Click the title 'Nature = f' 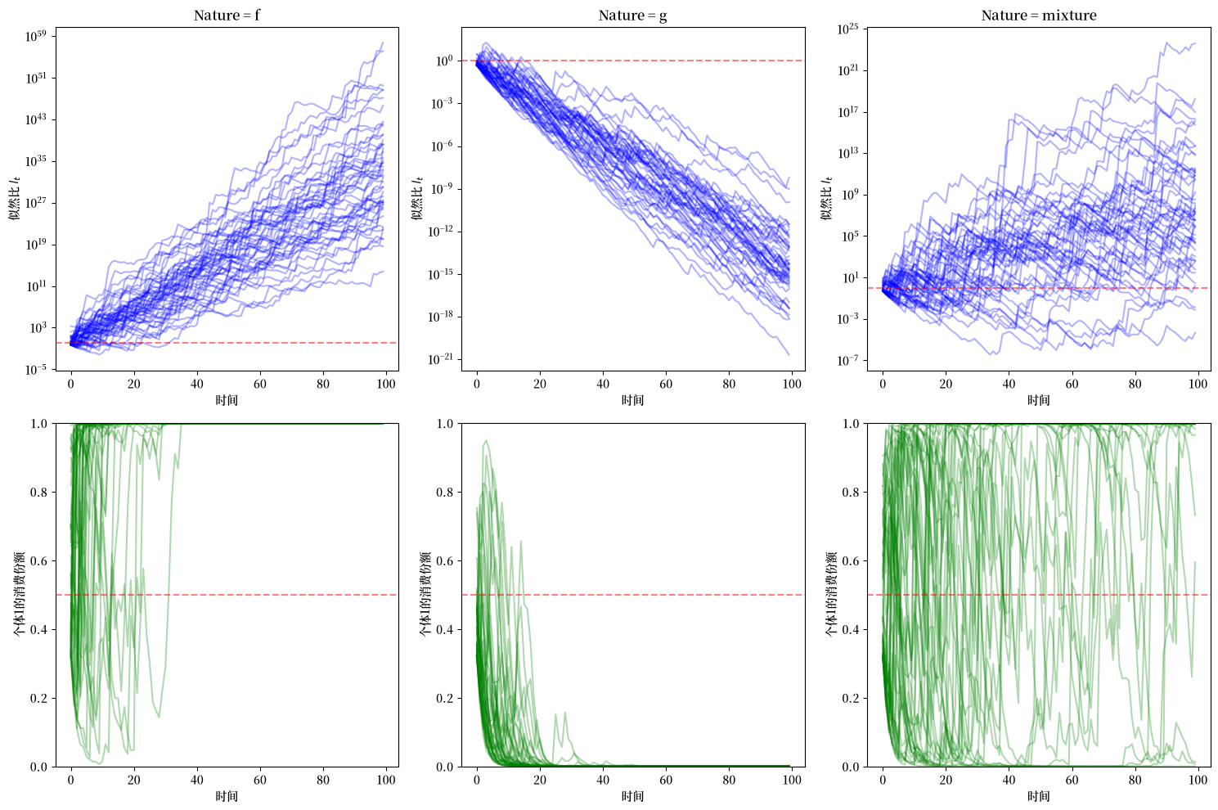(x=227, y=16)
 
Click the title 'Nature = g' (x=633, y=16)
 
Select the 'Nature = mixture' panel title (x=1039, y=16)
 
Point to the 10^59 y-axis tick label (x=36, y=37)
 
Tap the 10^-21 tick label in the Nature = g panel (x=440, y=359)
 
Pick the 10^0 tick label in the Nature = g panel (x=444, y=61)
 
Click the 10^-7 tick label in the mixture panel (x=847, y=360)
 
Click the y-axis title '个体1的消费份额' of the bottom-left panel (x=20, y=594)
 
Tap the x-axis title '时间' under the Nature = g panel (x=632, y=400)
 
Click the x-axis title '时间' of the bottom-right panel (x=1039, y=796)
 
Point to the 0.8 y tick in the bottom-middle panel (x=445, y=493)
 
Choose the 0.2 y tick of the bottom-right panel (x=851, y=699)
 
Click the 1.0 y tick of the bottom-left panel (x=39, y=424)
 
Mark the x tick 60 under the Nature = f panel (x=260, y=384)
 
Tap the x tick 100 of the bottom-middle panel (x=793, y=780)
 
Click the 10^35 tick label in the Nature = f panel (x=36, y=161)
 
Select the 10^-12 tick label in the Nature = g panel (x=440, y=232)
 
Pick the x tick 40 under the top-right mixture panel (x=1009, y=384)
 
